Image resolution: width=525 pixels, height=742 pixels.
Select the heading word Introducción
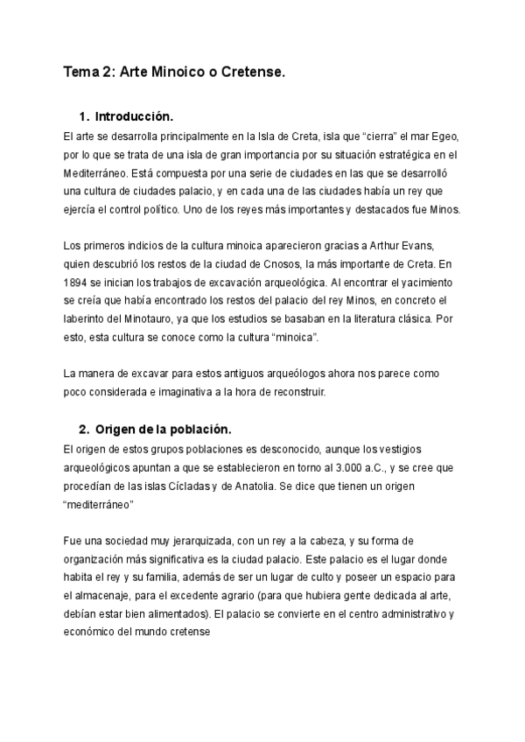click(x=134, y=116)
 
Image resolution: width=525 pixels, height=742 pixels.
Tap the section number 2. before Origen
click(x=84, y=430)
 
